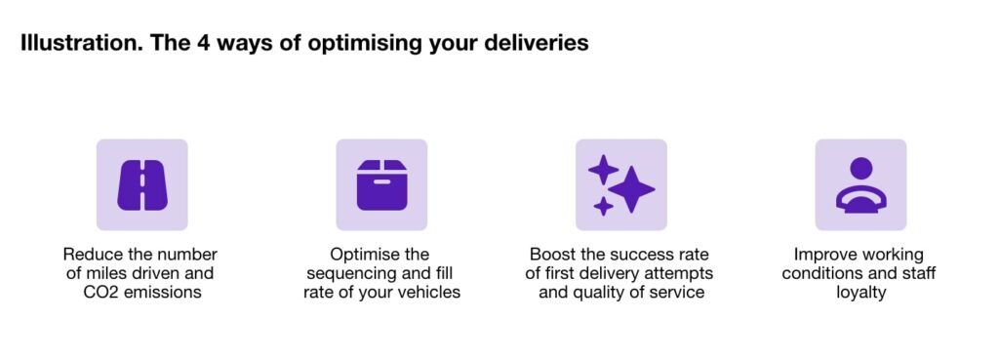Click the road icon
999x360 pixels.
pos(142,184)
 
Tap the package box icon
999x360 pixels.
pos(381,184)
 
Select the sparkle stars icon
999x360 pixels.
pos(621,184)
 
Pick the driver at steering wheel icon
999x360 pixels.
pos(860,184)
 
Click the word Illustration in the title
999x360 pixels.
pos(76,45)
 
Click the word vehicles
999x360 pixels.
pos(424,292)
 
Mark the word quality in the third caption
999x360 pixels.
pos(599,292)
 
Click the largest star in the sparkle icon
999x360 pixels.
pos(632,189)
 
